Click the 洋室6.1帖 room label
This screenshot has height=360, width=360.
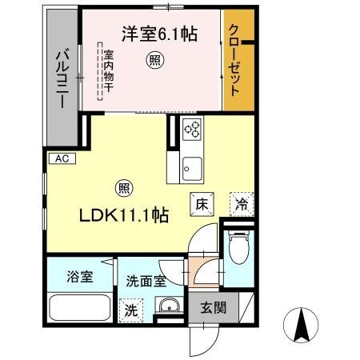[x=160, y=34]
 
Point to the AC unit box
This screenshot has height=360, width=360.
[x=62, y=158]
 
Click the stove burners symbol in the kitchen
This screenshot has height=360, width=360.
[x=192, y=128]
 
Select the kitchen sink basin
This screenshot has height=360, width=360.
[x=192, y=167]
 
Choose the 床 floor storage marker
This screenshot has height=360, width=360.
[x=200, y=204]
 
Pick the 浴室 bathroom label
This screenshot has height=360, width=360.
[x=79, y=278]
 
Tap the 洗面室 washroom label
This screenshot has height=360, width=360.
[x=146, y=281]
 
